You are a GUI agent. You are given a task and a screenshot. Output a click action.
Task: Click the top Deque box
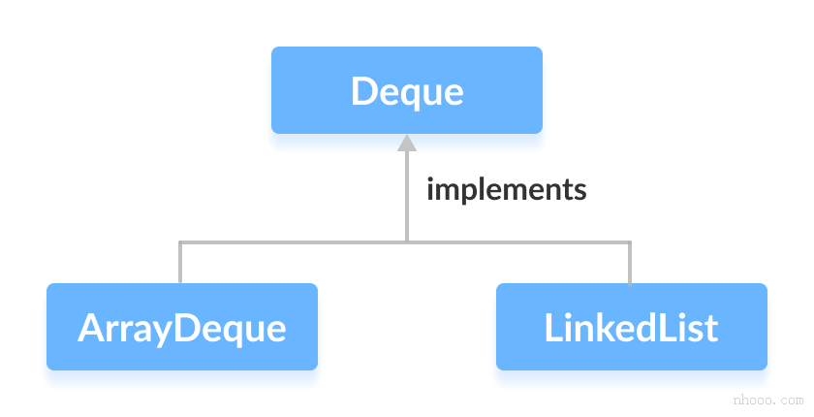coord(407,90)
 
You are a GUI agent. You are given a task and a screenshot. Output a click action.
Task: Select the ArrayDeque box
coord(182,327)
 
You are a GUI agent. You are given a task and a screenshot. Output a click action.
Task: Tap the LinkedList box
coord(631,327)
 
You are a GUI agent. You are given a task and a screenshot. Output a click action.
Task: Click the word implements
coord(506,189)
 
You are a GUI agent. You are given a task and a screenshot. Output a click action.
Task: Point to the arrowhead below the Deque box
coord(407,143)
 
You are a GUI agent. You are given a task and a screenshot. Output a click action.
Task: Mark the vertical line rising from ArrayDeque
coord(180,262)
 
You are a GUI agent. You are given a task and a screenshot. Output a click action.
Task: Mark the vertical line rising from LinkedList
coord(630,262)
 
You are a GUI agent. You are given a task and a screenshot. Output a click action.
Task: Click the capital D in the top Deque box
coord(363,91)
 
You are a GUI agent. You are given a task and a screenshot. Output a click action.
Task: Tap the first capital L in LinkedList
coord(553,328)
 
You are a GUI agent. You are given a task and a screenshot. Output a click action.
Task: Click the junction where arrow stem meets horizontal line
coord(407,241)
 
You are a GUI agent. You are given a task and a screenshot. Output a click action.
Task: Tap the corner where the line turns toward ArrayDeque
coord(180,241)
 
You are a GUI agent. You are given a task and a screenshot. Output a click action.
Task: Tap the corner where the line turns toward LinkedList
coord(630,241)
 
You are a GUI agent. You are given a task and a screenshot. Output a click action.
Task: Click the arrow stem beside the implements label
coord(407,194)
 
